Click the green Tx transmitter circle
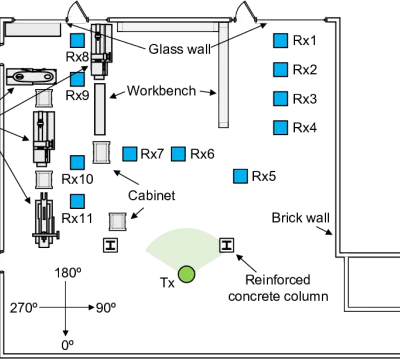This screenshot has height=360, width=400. pyautogui.click(x=186, y=274)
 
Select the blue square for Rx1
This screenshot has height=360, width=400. pyautogui.click(x=280, y=41)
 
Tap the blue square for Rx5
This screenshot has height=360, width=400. pyautogui.click(x=240, y=176)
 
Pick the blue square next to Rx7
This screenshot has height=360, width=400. pyautogui.click(x=130, y=154)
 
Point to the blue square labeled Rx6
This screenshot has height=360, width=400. pyautogui.click(x=178, y=154)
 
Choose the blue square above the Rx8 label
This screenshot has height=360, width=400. pyautogui.click(x=78, y=40)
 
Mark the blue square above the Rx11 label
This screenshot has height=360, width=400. pyautogui.click(x=78, y=202)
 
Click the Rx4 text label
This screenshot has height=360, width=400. pyautogui.click(x=305, y=128)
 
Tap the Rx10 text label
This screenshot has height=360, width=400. pyautogui.click(x=77, y=179)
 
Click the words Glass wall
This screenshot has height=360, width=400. pyautogui.click(x=180, y=49)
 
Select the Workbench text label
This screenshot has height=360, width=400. pyautogui.click(x=162, y=91)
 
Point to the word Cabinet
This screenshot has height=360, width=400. pyautogui.click(x=152, y=196)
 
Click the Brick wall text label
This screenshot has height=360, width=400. pyautogui.click(x=301, y=218)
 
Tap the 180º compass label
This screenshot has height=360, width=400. pyautogui.click(x=68, y=273)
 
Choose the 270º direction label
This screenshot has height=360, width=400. pyautogui.click(x=23, y=308)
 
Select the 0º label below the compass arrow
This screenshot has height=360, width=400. pyautogui.click(x=67, y=345)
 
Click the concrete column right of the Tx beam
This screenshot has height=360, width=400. pyautogui.click(x=227, y=245)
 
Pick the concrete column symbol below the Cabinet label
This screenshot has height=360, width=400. pyautogui.click(x=110, y=245)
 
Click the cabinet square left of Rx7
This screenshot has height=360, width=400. pyautogui.click(x=101, y=152)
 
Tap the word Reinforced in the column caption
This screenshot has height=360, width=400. pyautogui.click(x=278, y=280)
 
